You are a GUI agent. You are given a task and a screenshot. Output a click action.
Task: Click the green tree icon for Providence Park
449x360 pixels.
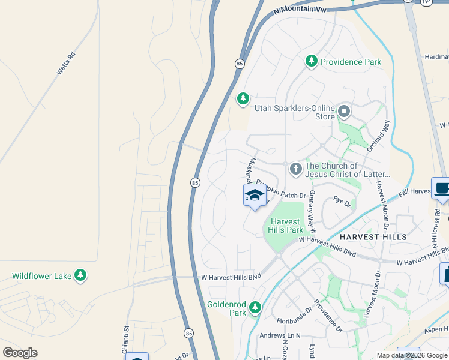[311, 61]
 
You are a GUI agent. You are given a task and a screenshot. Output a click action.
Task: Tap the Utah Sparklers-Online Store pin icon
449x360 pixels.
[344, 112]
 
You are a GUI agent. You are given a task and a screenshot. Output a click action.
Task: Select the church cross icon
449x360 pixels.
[295, 170]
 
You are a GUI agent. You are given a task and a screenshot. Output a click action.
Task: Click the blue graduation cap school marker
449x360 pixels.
[255, 196]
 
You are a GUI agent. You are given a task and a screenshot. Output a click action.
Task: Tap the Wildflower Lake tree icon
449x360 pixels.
[80, 276]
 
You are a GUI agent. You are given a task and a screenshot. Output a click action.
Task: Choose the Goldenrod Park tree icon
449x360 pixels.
[255, 308]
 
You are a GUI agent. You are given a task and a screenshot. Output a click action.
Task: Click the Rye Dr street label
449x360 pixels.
[342, 203]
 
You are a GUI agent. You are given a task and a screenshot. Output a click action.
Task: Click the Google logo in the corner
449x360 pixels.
[20, 353]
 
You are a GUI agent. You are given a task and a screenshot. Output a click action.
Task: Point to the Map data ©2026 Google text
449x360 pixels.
[412, 355]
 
